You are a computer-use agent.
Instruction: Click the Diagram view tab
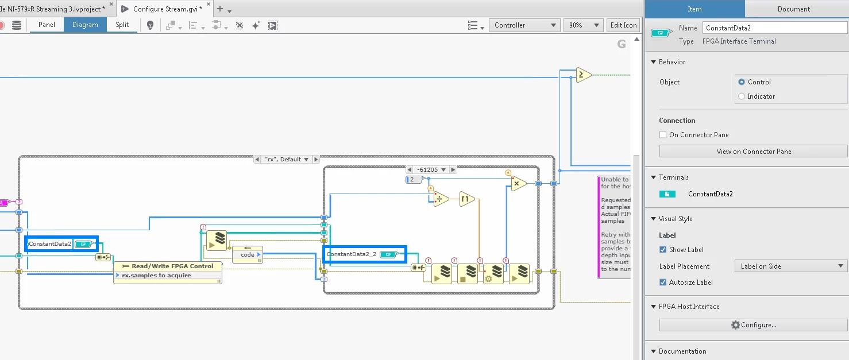pos(85,25)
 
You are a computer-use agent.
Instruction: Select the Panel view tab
pos(47,25)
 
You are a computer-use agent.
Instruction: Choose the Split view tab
pos(122,25)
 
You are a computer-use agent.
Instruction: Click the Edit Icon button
pos(623,25)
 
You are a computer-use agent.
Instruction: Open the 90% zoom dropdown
pos(582,25)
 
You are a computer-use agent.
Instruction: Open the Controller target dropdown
pos(524,25)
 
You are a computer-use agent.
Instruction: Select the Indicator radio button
pos(742,96)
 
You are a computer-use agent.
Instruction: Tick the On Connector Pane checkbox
pos(663,135)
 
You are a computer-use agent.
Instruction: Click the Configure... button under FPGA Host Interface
pos(753,325)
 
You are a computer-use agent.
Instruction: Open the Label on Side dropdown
pos(790,266)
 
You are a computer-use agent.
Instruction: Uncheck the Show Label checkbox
pos(663,250)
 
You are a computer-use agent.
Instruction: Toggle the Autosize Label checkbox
pos(663,282)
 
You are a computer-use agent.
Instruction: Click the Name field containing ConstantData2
pos(774,28)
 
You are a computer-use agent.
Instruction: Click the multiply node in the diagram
pos(518,184)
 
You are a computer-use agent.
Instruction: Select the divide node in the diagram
pos(441,199)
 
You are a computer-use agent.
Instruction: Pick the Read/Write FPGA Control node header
pos(167,266)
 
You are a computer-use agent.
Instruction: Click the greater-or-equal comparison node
pos(583,75)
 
